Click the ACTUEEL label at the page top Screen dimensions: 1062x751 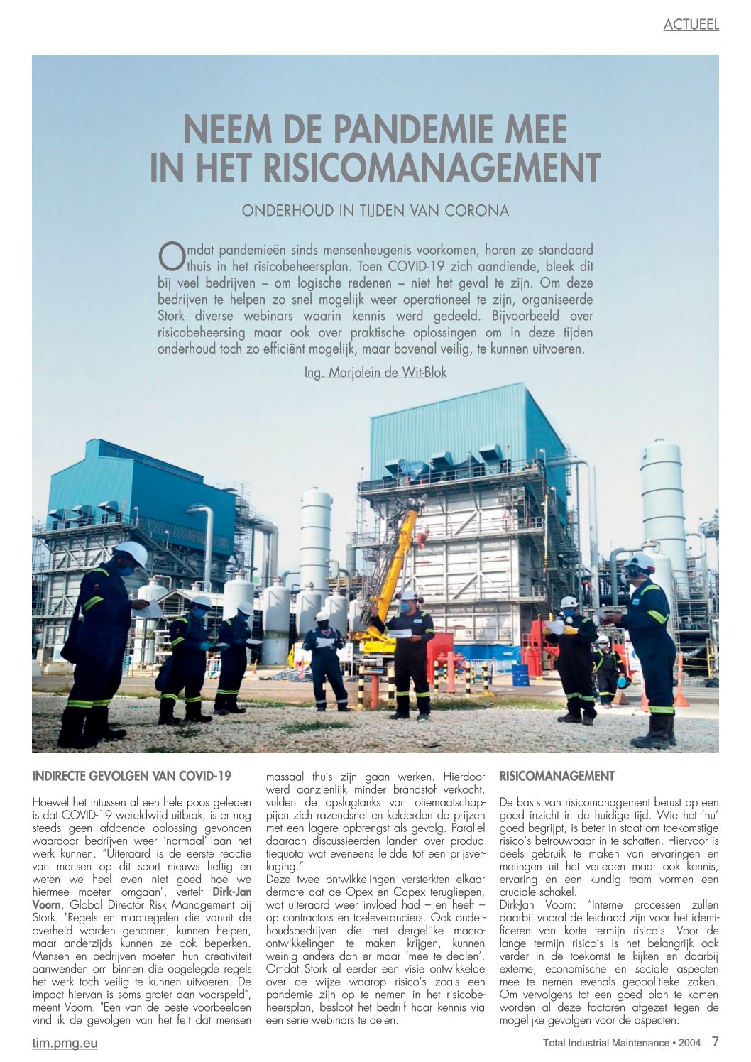click(691, 25)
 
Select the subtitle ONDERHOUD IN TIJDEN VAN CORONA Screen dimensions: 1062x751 click(375, 211)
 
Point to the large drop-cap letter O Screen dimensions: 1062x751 click(170, 257)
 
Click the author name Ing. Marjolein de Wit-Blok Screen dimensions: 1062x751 click(375, 372)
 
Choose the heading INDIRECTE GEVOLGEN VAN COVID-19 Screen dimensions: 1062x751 click(132, 776)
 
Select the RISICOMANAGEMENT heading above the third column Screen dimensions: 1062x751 click(557, 776)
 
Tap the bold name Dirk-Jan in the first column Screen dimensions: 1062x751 click(232, 892)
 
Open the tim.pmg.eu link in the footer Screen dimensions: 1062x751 click(65, 1043)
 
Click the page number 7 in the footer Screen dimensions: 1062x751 click(715, 1041)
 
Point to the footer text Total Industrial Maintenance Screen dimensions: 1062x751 click(605, 1043)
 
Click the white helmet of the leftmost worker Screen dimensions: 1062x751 click(131, 552)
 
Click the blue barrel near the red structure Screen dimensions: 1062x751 click(520, 674)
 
